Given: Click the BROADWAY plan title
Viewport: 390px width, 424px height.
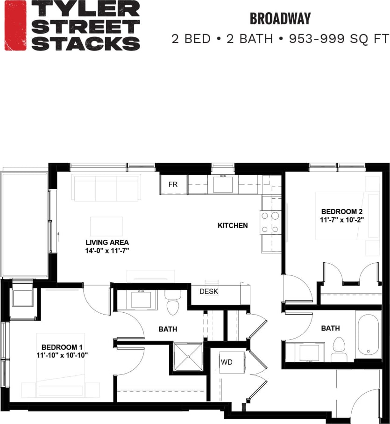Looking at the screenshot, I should (280, 19).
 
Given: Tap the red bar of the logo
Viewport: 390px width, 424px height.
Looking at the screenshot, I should (15, 26).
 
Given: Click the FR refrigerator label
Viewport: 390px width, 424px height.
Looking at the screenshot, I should (173, 184).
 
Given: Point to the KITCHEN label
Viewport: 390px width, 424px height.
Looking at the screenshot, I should (233, 225).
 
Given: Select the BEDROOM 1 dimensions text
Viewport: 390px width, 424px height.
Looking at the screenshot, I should (62, 355).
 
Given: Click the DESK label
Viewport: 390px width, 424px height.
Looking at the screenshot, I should (209, 291).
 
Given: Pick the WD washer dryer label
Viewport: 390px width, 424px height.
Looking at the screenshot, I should (227, 362).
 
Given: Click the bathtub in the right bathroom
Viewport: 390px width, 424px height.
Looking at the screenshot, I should (369, 335).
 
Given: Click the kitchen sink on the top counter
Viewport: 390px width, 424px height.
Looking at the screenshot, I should (223, 184).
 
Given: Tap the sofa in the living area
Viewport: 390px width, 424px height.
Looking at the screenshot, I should (106, 188).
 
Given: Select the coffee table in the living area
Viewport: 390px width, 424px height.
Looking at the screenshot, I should (106, 226).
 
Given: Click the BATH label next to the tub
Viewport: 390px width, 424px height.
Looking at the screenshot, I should (330, 328).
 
